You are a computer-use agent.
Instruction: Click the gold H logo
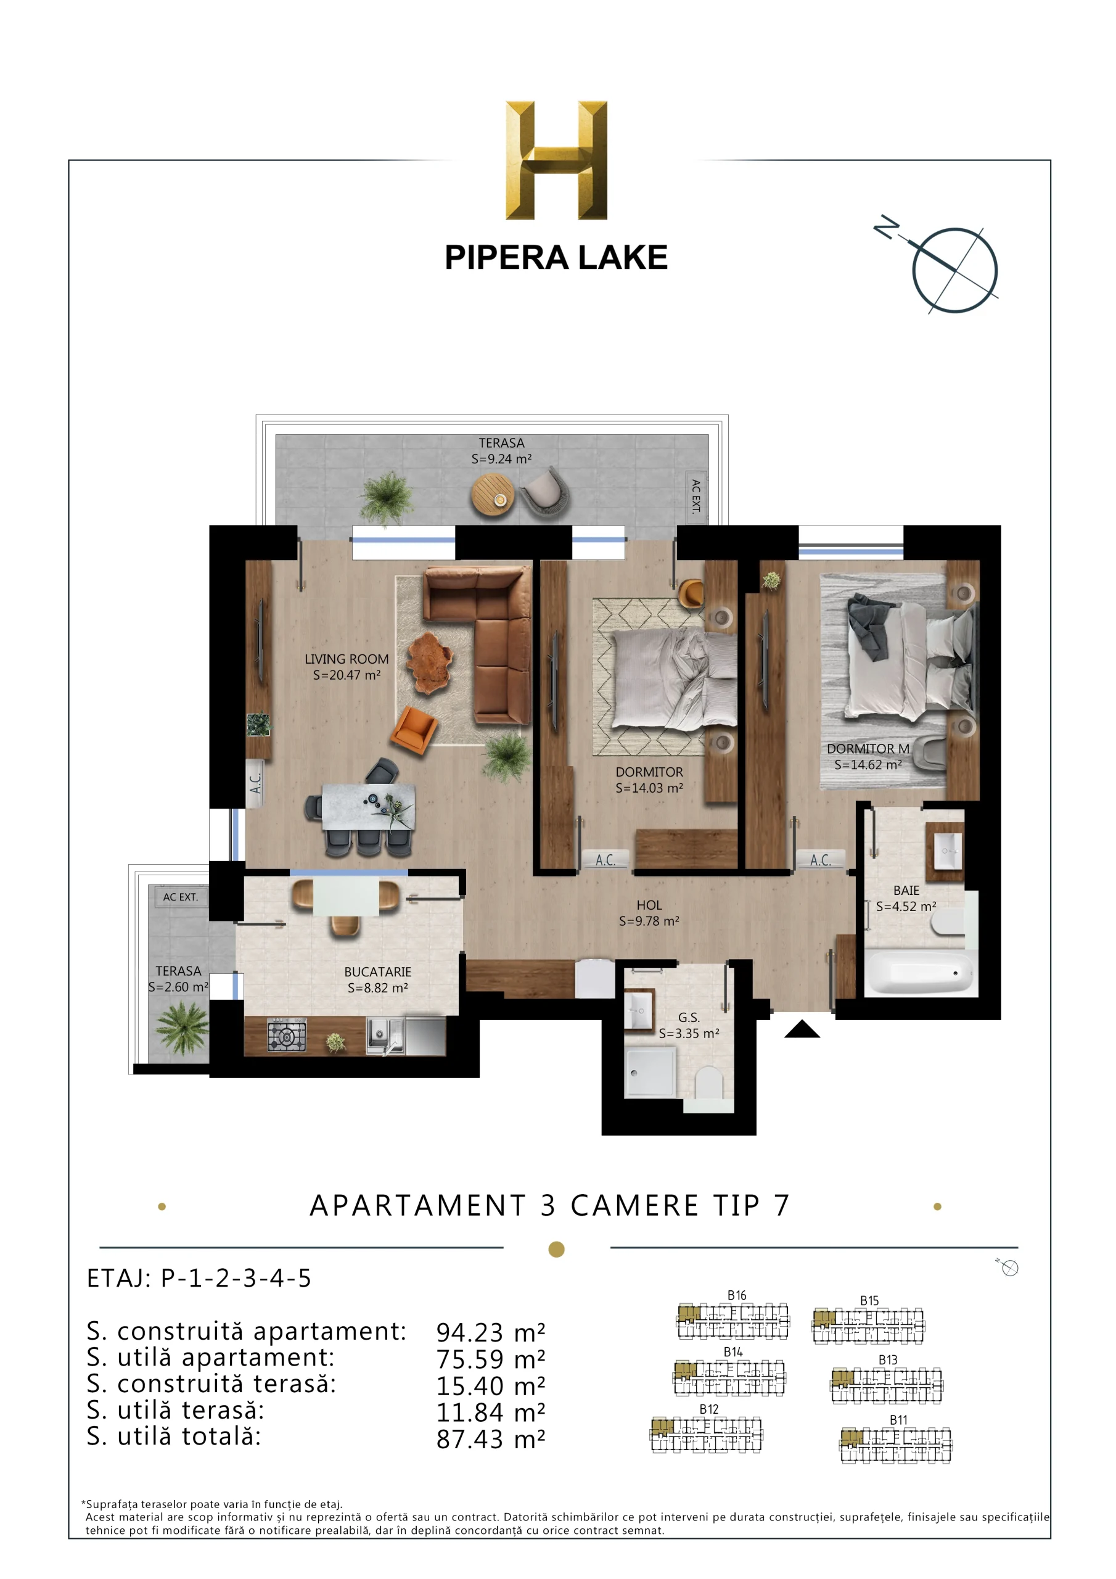(x=556, y=160)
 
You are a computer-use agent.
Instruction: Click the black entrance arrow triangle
(x=802, y=1029)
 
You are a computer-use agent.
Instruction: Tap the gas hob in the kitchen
(x=287, y=1035)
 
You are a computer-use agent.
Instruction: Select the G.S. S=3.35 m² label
(x=688, y=1024)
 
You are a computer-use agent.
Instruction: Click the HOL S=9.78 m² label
(x=649, y=913)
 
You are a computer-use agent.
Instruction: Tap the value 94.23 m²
(x=490, y=1332)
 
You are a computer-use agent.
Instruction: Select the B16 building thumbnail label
(x=736, y=1295)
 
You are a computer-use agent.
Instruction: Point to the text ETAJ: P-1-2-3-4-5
(x=199, y=1278)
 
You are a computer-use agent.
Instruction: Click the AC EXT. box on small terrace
(x=180, y=897)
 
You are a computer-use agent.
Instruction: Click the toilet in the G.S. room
(x=709, y=1085)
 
